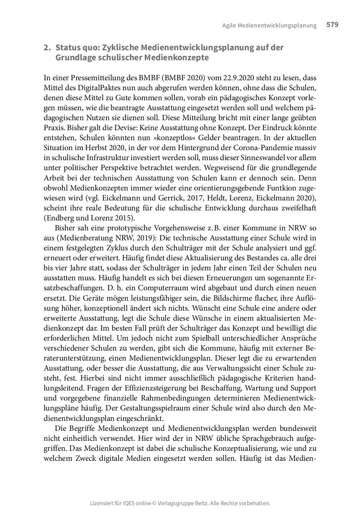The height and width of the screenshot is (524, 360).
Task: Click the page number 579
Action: [332, 25]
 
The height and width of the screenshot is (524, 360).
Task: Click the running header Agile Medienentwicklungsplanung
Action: [269, 26]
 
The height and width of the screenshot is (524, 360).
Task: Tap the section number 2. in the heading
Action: [47, 48]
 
